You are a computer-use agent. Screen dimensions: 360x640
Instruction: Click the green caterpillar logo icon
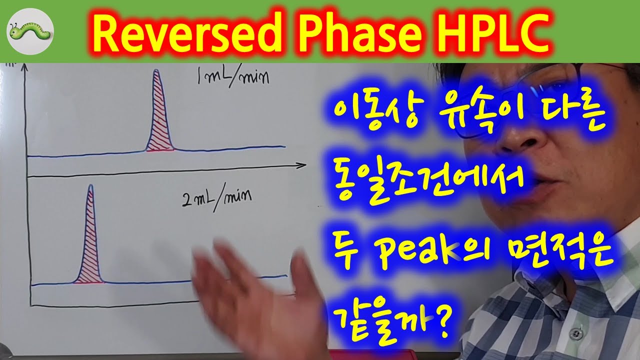click(30, 32)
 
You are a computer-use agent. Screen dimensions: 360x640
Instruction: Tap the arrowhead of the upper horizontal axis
click(301, 165)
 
